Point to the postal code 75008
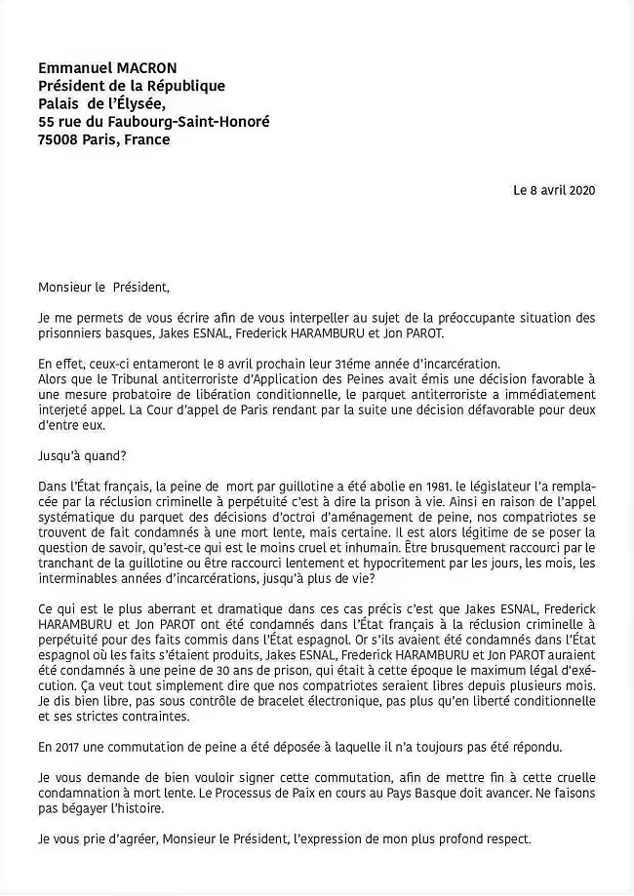point(58,139)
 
